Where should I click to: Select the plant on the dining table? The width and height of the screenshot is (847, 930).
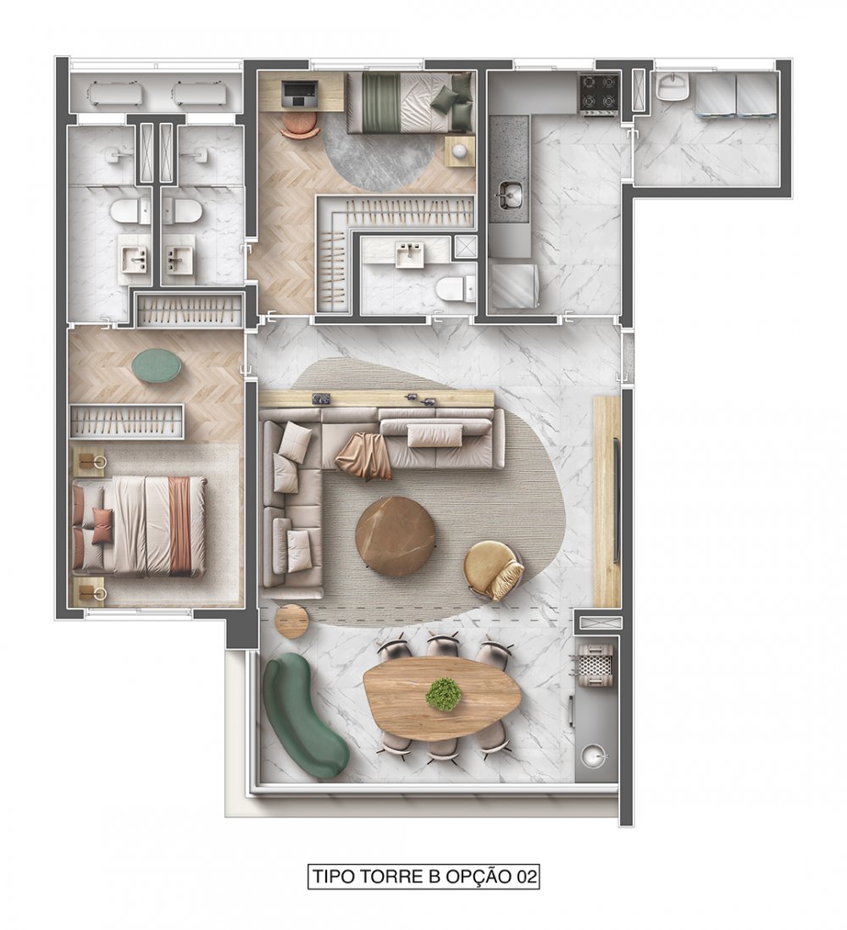[444, 694]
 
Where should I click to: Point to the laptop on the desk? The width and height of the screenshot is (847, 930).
[300, 94]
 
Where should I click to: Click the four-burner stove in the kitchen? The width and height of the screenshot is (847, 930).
[599, 94]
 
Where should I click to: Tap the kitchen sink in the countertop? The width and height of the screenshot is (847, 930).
[508, 195]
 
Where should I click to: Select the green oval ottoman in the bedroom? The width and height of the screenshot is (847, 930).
[157, 366]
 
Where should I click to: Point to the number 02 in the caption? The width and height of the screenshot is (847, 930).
[524, 877]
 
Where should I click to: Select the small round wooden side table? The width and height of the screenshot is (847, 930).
[292, 620]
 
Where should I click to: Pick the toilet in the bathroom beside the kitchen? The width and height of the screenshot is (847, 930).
[455, 289]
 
